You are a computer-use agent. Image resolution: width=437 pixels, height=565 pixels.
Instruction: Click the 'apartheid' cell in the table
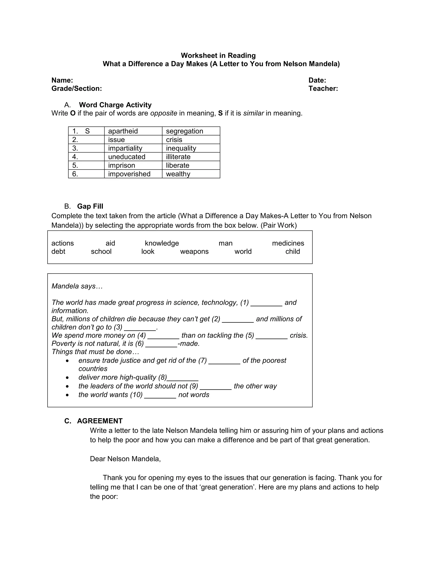tap(123, 131)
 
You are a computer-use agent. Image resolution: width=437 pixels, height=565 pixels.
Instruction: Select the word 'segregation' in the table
tap(184, 131)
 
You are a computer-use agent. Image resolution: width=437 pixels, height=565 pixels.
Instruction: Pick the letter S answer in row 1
tap(87, 131)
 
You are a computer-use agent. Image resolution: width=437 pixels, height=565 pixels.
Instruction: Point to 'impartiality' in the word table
tap(125, 148)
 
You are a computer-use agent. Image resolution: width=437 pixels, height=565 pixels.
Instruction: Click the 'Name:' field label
tap(62, 80)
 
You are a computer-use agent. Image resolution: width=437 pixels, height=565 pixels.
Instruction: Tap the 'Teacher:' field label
tap(323, 88)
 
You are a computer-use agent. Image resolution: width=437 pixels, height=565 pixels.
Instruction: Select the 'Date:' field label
tap(317, 80)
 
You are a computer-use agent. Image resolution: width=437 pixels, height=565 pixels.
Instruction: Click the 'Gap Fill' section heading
tap(90, 206)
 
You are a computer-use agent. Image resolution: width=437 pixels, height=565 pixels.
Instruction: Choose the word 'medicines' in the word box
tap(288, 243)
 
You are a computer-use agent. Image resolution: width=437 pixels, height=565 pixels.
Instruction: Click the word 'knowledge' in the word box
tap(162, 243)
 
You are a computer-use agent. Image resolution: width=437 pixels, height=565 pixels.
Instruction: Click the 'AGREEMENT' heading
tap(100, 421)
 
